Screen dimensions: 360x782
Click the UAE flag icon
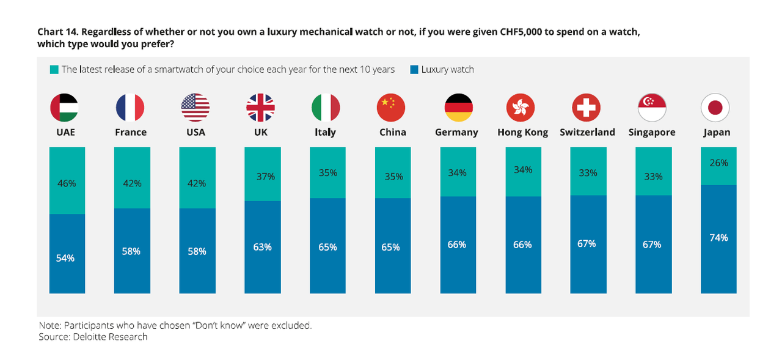[64, 108]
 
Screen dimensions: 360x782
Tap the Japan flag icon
[715, 108]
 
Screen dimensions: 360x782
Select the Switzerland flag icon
[586, 108]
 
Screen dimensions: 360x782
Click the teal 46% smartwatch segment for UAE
[67, 180]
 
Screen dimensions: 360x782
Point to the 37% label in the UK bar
[266, 177]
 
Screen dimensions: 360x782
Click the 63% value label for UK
[262, 248]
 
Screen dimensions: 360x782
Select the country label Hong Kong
[522, 133]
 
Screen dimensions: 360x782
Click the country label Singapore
[652, 133]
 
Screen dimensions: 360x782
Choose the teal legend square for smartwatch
[54, 70]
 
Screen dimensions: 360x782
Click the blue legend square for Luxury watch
[414, 70]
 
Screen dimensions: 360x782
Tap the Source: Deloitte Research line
[93, 337]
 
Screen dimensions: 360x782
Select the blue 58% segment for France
[132, 251]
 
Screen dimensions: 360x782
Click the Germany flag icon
[458, 108]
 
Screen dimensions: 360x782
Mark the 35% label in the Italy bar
[328, 173]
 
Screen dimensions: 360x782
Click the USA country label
[195, 133]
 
